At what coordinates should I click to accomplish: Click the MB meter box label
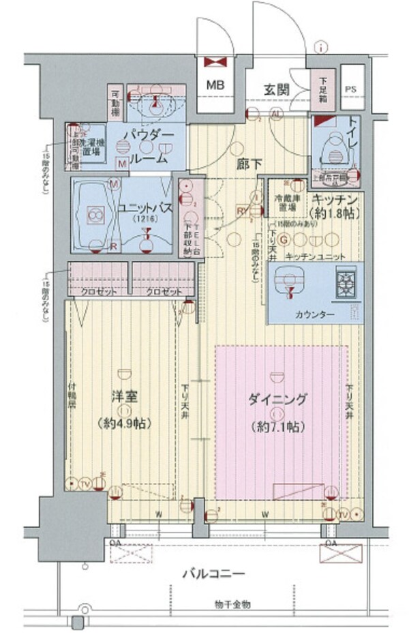tap(216, 86)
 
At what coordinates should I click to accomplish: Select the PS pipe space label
tap(350, 89)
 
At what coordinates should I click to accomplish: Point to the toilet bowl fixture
tap(335, 147)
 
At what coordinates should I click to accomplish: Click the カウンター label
tap(314, 315)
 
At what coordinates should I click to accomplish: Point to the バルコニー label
tap(213, 575)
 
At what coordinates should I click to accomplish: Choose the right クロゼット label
tap(163, 292)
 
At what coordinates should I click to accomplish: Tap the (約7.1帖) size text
tap(277, 428)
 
